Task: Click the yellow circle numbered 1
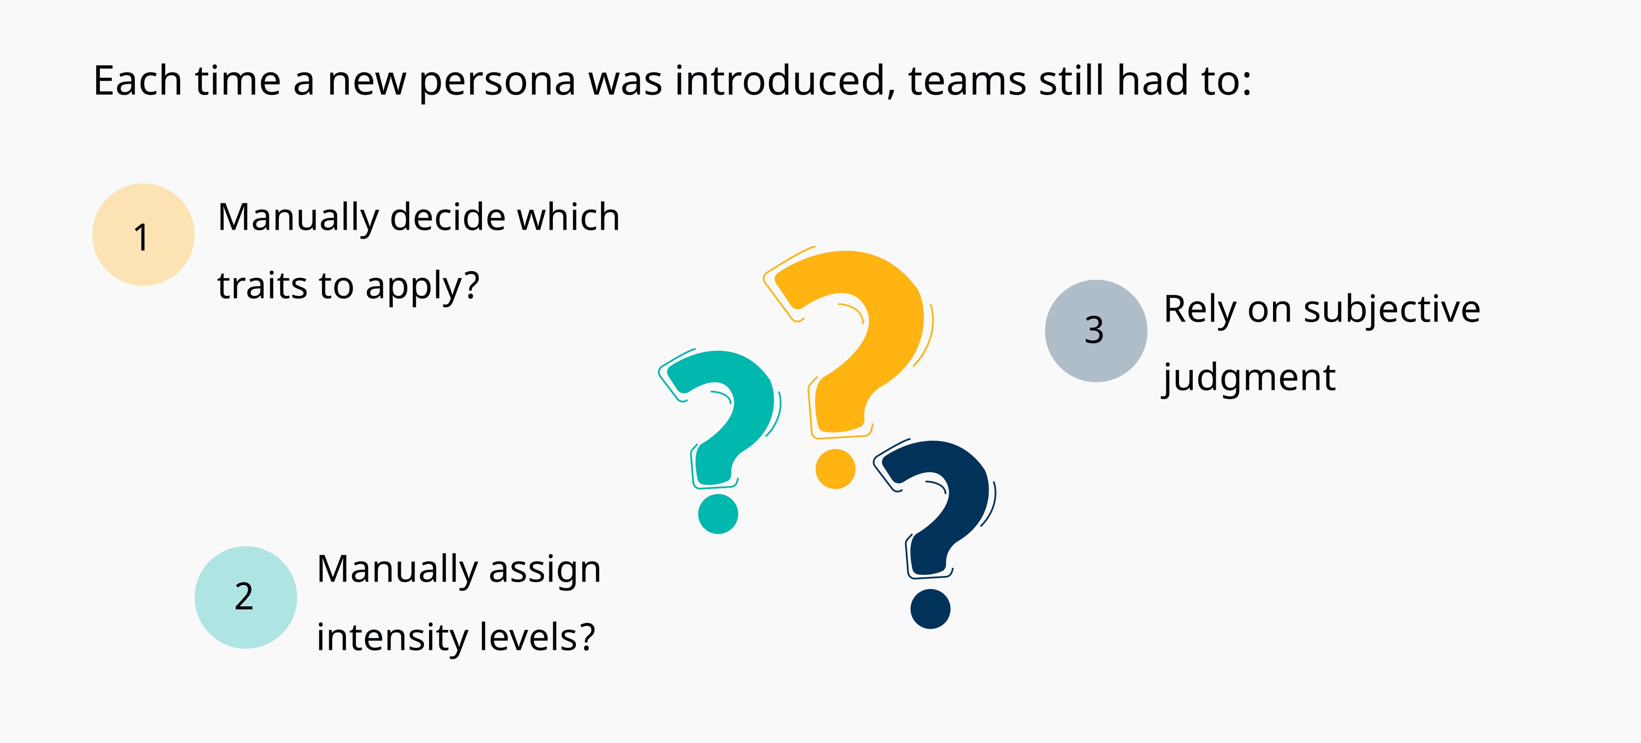coord(143,234)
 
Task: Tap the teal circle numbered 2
coord(246,597)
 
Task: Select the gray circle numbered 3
coord(1096,331)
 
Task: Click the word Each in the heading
coord(137,81)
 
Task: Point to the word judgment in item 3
coord(1249,378)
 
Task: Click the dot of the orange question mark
coord(835,469)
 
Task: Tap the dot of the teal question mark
coord(718,514)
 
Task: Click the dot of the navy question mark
coord(930,608)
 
